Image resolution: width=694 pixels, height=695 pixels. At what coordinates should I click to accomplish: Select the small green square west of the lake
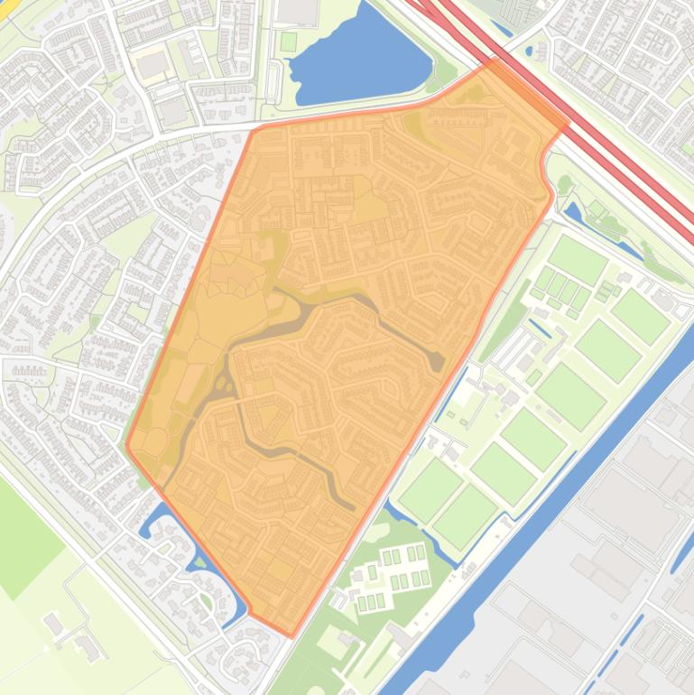288,42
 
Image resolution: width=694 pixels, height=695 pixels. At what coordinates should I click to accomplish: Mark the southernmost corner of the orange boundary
291,635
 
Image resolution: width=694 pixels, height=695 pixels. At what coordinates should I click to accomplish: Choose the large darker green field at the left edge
23,533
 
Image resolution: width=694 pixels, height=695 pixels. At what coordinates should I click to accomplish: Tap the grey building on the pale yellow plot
153,65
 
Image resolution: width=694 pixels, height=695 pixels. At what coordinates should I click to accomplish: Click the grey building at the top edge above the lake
298,11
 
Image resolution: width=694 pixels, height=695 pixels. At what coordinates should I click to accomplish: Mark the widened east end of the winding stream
436,359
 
